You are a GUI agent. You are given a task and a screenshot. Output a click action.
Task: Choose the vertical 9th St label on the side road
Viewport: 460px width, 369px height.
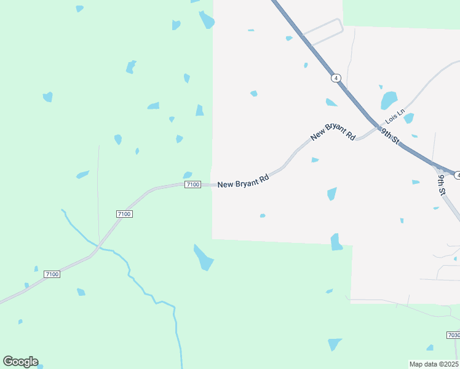(x=442, y=184)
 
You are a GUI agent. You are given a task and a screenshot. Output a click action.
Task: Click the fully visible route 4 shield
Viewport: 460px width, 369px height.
(x=335, y=77)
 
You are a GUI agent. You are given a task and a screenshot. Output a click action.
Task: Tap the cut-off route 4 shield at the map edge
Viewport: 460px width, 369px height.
(x=457, y=176)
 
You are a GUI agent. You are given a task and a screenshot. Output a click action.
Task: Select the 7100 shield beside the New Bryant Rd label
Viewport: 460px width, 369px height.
(x=192, y=184)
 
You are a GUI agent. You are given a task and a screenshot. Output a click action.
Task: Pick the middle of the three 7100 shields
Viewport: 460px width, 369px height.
(x=124, y=213)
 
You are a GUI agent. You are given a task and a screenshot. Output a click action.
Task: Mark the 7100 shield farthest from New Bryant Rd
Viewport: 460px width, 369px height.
(x=52, y=274)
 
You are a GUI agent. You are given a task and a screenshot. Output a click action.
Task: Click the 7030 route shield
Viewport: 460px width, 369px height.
(x=453, y=335)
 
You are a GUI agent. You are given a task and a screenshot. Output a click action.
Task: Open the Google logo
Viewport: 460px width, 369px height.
(x=20, y=362)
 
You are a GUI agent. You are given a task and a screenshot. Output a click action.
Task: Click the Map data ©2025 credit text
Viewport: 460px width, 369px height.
(x=434, y=364)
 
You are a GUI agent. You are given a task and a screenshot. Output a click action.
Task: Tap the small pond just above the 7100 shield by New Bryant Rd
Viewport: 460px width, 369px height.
(x=188, y=175)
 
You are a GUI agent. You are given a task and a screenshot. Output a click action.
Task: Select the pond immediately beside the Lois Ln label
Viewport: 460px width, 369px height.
(x=408, y=118)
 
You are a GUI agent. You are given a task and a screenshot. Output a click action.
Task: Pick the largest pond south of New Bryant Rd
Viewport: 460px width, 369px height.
(x=203, y=257)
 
